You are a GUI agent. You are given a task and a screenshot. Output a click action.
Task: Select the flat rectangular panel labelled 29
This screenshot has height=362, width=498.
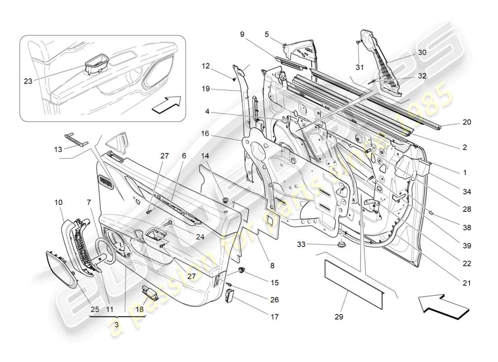tap(354, 277)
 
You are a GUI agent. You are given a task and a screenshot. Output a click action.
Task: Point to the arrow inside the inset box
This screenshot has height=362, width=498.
tap(166, 105)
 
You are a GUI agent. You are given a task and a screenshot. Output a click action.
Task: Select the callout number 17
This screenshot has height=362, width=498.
tap(274, 317)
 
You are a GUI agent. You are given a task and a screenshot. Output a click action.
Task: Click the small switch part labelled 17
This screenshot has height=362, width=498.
tap(230, 296)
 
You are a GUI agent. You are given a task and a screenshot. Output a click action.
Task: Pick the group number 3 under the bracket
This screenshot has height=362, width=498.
tap(117, 325)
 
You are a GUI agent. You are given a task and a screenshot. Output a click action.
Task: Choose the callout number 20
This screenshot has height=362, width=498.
tap(467, 122)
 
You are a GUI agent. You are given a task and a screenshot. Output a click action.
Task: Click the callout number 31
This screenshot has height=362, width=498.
tap(359, 68)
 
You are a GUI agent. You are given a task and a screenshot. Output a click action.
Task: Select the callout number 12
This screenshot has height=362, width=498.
tap(206, 66)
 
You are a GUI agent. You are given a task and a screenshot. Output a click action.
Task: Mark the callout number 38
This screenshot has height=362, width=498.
tap(467, 228)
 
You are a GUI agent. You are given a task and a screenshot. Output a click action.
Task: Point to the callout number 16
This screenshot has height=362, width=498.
tap(206, 133)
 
